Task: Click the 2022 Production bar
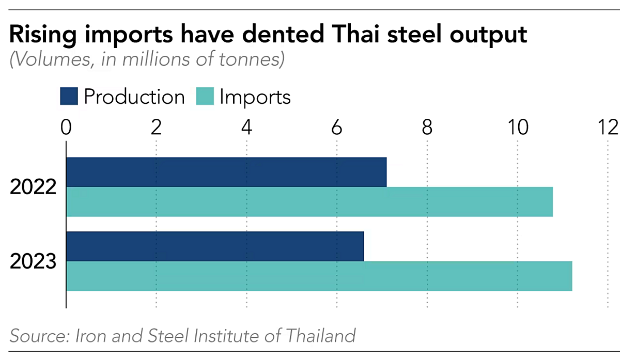[226, 172]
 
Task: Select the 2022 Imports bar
[309, 202]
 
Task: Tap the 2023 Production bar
[215, 246]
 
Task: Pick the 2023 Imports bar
[319, 276]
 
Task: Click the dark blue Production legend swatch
[69, 97]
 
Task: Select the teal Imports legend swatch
[205, 97]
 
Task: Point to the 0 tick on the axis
[66, 127]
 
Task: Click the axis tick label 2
[156, 127]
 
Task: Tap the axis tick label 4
[246, 127]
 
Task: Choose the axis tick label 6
[337, 127]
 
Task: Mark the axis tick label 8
[427, 127]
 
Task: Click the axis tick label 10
[517, 127]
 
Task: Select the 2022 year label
[33, 187]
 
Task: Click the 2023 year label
[33, 262]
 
